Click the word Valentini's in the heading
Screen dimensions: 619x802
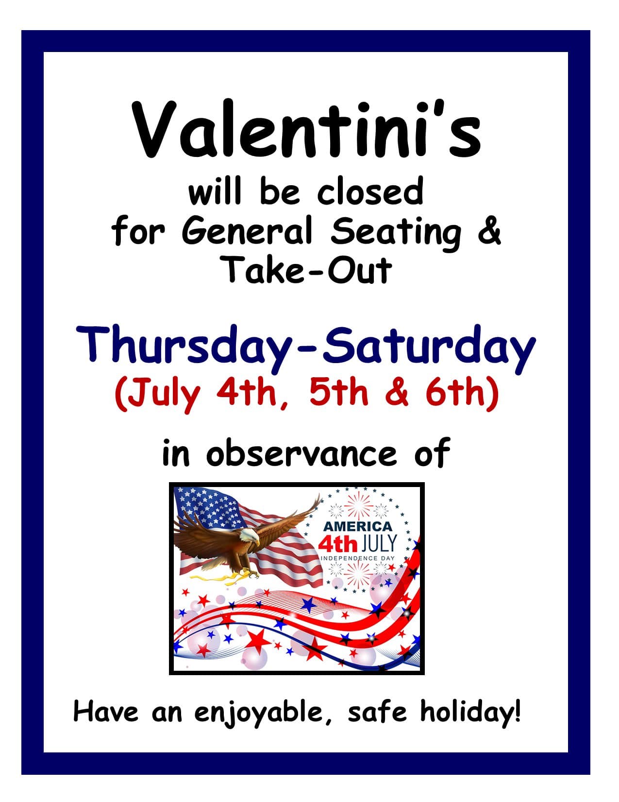pyautogui.click(x=308, y=129)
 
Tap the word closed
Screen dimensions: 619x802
pyautogui.click(x=370, y=192)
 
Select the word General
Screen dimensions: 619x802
pyautogui.click(x=247, y=231)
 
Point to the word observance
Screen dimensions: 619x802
pyautogui.click(x=302, y=453)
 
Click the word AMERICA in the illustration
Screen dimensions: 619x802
pyautogui.click(x=358, y=526)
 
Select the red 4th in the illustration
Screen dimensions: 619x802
pyautogui.click(x=338, y=543)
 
